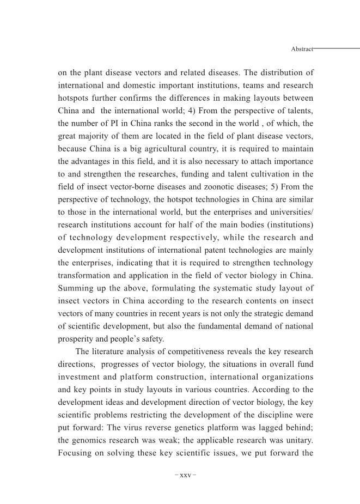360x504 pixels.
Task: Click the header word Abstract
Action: pos(302,49)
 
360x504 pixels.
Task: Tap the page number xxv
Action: pos(185,475)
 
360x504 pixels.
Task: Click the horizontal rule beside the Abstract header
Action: pos(337,48)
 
